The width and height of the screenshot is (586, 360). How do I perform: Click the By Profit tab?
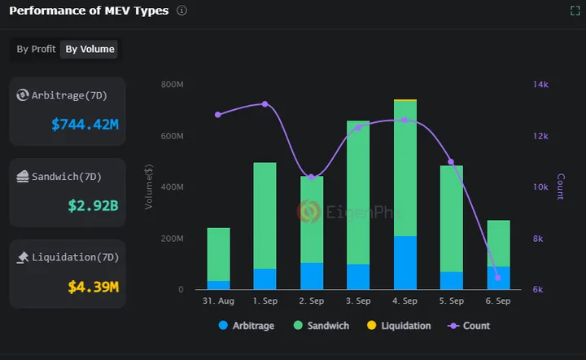(x=37, y=49)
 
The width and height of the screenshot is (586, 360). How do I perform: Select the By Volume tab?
(x=90, y=49)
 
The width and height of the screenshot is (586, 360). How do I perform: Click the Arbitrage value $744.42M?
(x=85, y=125)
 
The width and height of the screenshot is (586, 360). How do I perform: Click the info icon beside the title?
(x=181, y=11)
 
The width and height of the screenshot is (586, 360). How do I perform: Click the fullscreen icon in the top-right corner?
(x=575, y=11)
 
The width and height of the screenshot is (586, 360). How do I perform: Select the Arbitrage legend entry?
(x=247, y=326)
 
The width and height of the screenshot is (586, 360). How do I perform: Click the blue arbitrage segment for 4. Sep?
(x=405, y=262)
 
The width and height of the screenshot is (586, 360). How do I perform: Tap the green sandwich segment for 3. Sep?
(x=358, y=192)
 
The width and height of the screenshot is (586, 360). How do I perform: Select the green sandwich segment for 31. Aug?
(x=218, y=254)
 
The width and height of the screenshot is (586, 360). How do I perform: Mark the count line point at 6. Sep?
(x=498, y=278)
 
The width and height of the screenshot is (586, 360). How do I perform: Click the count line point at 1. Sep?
(x=265, y=104)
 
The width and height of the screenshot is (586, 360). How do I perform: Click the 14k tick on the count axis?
(x=540, y=85)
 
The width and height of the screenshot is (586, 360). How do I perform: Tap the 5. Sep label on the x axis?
(x=451, y=301)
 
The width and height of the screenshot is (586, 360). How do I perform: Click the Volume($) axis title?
(x=148, y=187)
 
